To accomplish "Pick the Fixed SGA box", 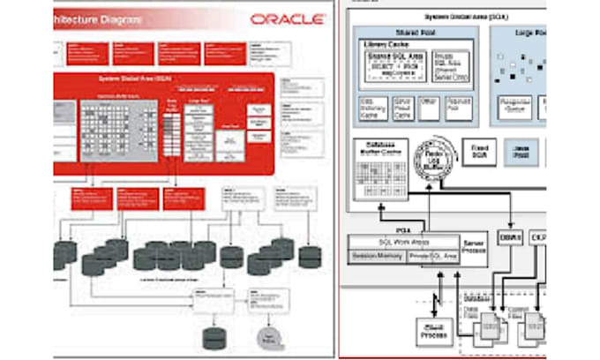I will click(x=479, y=153).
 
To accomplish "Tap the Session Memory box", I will click(x=377, y=256).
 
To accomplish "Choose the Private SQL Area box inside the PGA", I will click(x=432, y=256).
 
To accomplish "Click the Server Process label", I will click(x=473, y=247).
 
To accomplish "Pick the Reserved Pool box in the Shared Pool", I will click(x=461, y=109).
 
